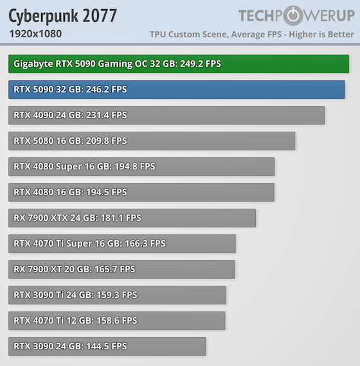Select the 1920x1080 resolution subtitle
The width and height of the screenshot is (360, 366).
click(36, 33)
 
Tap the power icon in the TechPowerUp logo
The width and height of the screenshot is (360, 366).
click(292, 15)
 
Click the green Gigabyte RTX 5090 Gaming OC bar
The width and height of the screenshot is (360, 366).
click(179, 64)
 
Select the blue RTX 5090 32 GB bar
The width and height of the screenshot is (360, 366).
click(177, 90)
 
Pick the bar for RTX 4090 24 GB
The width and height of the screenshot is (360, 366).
click(166, 116)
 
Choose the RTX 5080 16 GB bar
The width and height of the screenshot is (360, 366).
click(152, 141)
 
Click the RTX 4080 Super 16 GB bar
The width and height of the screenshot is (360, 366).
click(141, 167)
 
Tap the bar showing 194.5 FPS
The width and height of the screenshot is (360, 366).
click(141, 193)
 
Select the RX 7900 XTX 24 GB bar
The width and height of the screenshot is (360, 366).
click(132, 218)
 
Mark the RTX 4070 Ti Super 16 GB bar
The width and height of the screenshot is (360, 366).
click(122, 244)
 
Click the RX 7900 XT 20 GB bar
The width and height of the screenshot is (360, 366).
click(122, 270)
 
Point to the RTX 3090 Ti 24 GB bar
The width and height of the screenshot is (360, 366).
click(118, 295)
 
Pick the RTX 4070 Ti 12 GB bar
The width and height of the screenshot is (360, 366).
click(117, 321)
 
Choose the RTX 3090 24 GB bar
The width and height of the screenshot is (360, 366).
click(107, 347)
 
